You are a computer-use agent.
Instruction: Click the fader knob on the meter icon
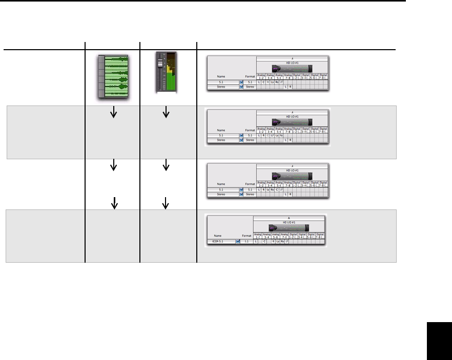[159, 62]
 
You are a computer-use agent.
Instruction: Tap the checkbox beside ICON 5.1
[238, 241]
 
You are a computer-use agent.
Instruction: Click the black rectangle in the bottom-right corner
[439, 341]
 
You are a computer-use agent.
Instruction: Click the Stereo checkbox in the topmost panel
[241, 87]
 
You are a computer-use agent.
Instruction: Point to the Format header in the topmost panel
[250, 76]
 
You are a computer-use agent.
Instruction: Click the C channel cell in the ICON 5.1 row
[265, 241]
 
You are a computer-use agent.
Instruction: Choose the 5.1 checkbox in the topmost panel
[241, 82]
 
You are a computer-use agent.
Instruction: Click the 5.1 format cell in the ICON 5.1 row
[246, 241]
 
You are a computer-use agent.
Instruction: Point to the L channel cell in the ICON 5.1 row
[256, 241]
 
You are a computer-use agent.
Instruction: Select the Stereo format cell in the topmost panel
[250, 87]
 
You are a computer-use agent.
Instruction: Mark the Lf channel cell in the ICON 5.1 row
[287, 241]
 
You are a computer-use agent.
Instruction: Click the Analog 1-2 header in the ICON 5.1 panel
[258, 235]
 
